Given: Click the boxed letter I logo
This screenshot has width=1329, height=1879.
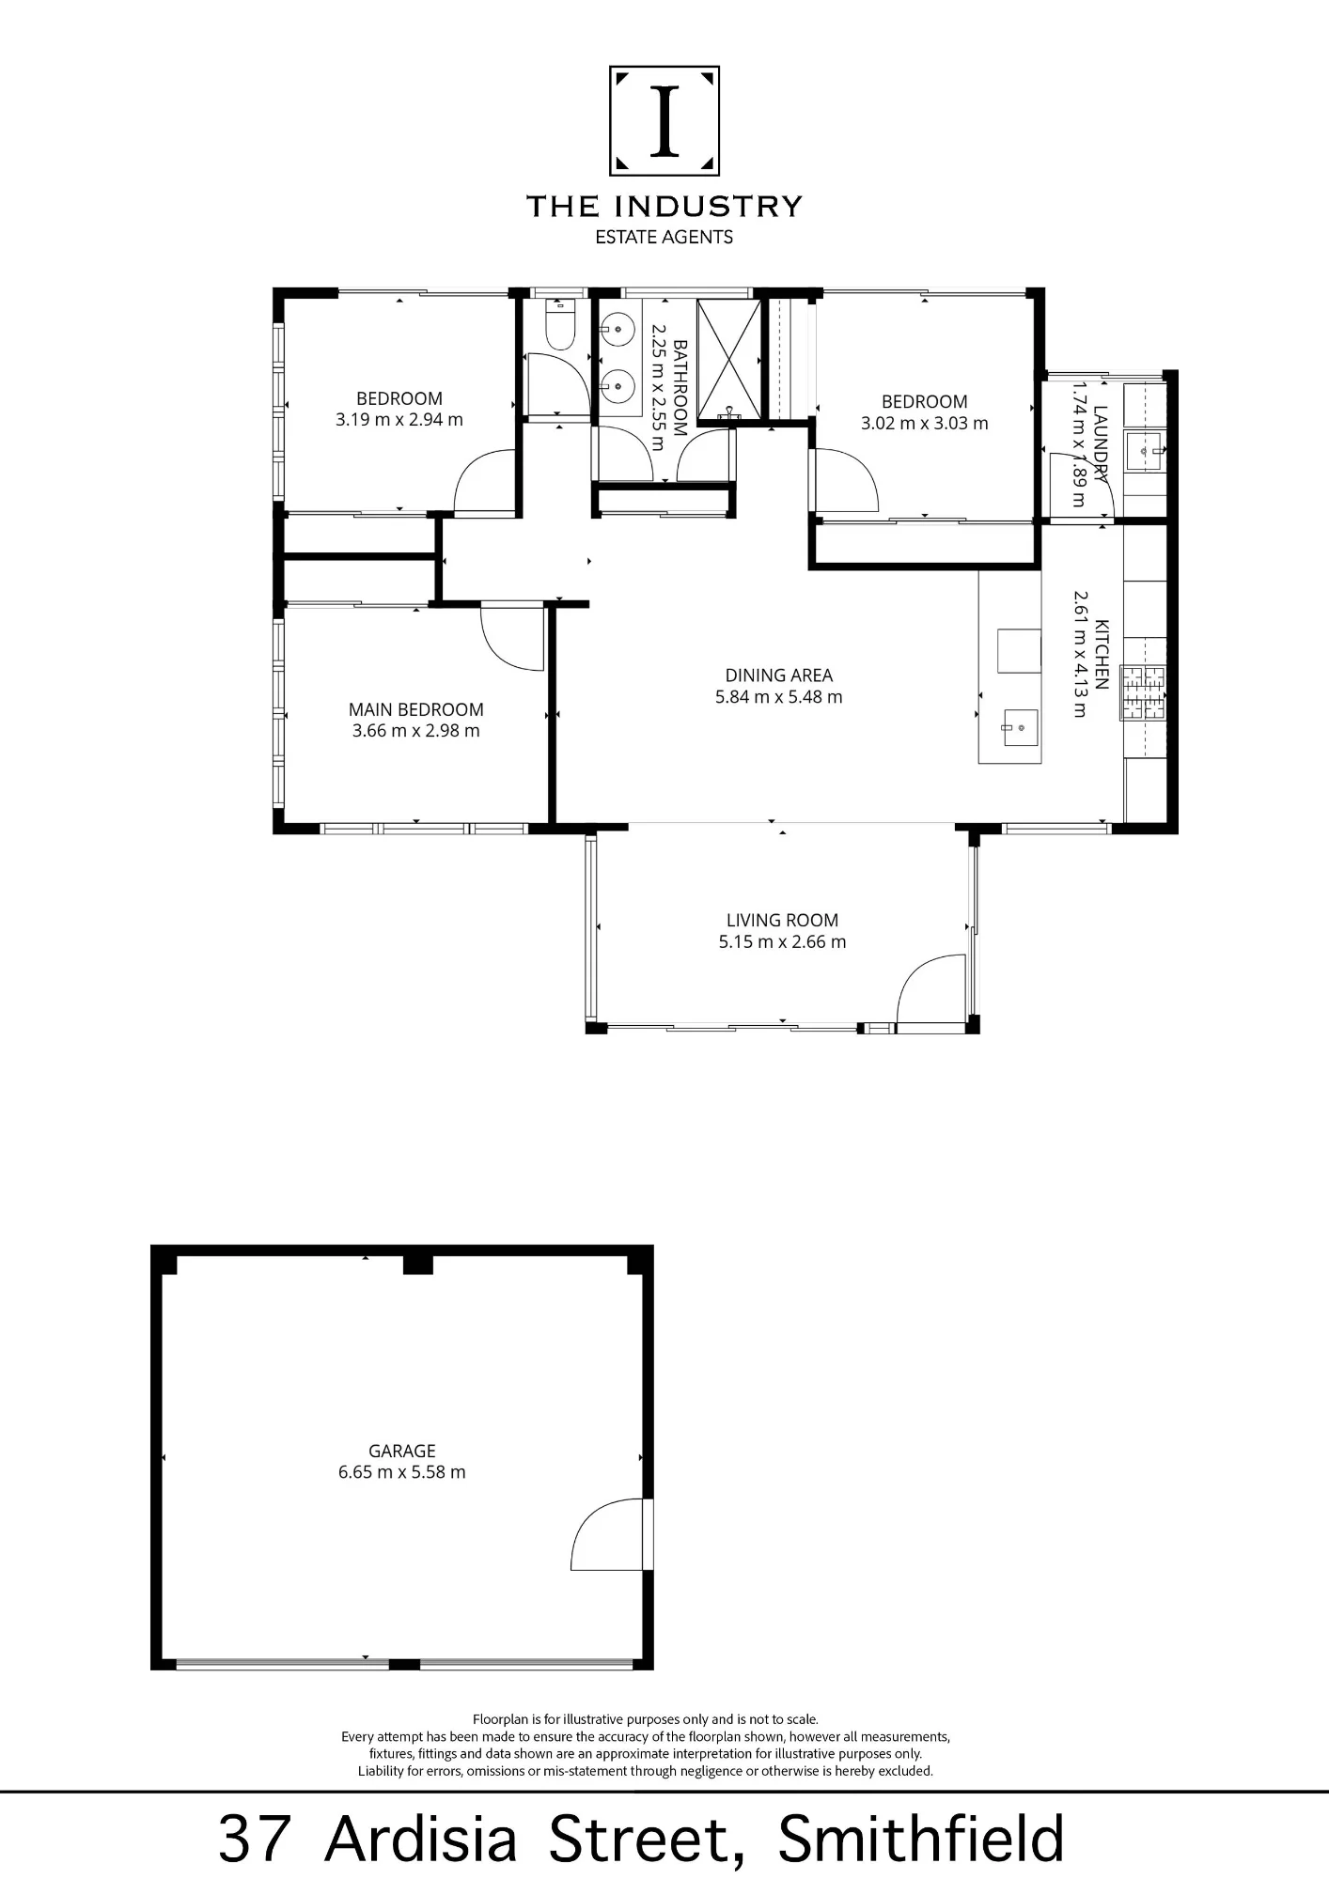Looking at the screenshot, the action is click(x=664, y=120).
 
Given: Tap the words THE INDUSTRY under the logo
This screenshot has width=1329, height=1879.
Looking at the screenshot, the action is click(x=664, y=207).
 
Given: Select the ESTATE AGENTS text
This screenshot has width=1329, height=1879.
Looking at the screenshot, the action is click(x=664, y=238).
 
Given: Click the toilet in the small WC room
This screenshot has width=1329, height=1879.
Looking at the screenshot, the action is click(x=560, y=324).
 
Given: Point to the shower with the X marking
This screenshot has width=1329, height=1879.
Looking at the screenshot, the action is click(x=728, y=358).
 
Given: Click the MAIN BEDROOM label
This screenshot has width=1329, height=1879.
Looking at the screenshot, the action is click(x=416, y=709).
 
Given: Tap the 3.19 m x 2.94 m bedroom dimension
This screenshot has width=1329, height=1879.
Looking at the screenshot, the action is click(x=399, y=420).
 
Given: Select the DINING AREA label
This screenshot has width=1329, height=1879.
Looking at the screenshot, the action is click(x=779, y=675).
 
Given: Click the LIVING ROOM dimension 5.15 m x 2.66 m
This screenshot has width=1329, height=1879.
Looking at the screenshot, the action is click(x=783, y=941).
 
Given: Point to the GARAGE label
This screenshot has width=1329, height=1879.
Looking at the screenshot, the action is click(x=402, y=1451).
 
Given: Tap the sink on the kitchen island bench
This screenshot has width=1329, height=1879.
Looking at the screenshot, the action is click(x=1020, y=727).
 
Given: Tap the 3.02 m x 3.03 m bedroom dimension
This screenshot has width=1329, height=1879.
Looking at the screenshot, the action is click(x=925, y=423).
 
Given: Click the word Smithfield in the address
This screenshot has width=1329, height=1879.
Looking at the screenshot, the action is click(x=921, y=1839).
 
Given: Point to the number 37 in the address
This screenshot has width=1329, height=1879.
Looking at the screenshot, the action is click(x=254, y=1840).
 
